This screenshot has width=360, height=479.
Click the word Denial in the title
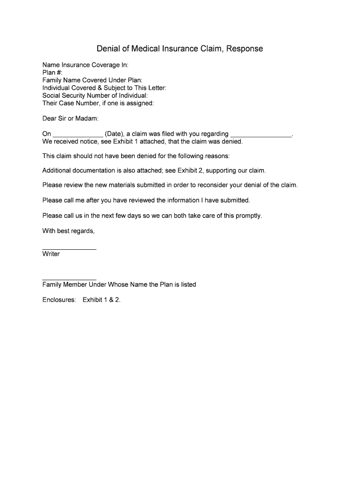click(107, 49)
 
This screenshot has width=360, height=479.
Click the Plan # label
click(52, 73)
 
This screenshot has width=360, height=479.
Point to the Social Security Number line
click(95, 95)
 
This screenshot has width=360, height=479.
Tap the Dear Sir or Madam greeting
click(70, 118)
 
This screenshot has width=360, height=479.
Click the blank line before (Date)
click(78, 135)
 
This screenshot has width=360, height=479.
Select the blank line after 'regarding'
click(261, 135)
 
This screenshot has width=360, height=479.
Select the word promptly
click(248, 216)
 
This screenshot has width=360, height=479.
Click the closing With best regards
click(68, 231)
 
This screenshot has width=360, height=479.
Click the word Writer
click(51, 254)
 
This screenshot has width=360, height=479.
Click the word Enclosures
click(59, 299)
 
